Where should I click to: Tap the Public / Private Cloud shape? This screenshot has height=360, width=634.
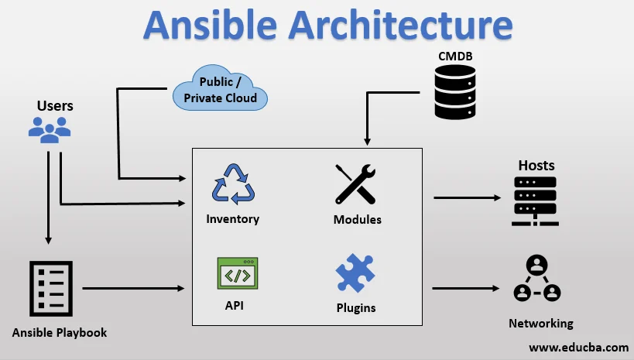pos(220,90)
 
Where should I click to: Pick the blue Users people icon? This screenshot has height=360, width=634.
pos(50,129)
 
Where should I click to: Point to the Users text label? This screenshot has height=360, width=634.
pos(55,105)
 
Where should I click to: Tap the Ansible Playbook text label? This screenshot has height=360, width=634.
pos(60,333)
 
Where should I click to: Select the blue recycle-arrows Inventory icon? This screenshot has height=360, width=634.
pos(232,184)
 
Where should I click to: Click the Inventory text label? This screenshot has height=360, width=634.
pos(232,219)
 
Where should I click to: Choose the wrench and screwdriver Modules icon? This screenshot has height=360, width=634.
pos(356,184)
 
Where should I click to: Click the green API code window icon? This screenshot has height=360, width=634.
pos(237,274)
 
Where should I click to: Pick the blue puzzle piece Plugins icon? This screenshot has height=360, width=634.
pos(355,274)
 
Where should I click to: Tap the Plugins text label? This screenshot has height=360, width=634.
pos(356,307)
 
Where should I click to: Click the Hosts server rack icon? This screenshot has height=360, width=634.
pos(535,201)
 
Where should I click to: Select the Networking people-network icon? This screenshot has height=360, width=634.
pos(536,280)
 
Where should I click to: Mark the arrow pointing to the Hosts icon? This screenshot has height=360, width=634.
pos(467,197)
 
